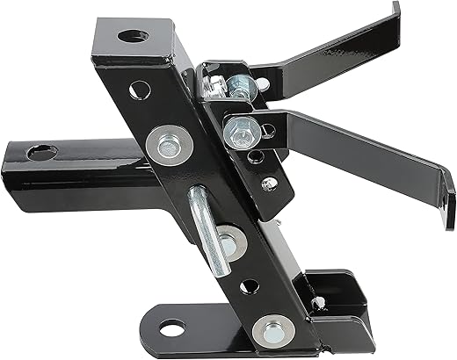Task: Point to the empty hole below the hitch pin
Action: [250, 285]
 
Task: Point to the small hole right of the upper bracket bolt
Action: [262, 85]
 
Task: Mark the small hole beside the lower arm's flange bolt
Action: [267, 130]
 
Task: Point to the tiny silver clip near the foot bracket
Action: [317, 305]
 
